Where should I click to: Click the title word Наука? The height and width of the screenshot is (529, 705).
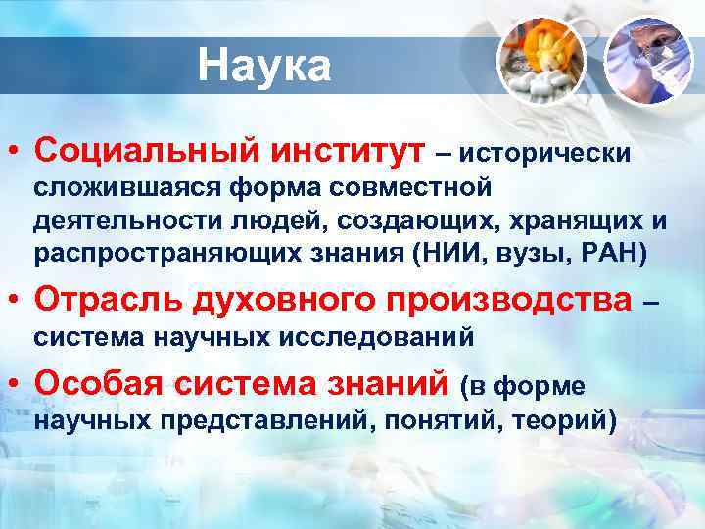tap(264, 67)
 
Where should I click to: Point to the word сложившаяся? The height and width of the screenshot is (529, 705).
tap(117, 186)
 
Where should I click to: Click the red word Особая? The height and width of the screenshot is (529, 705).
tap(99, 385)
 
